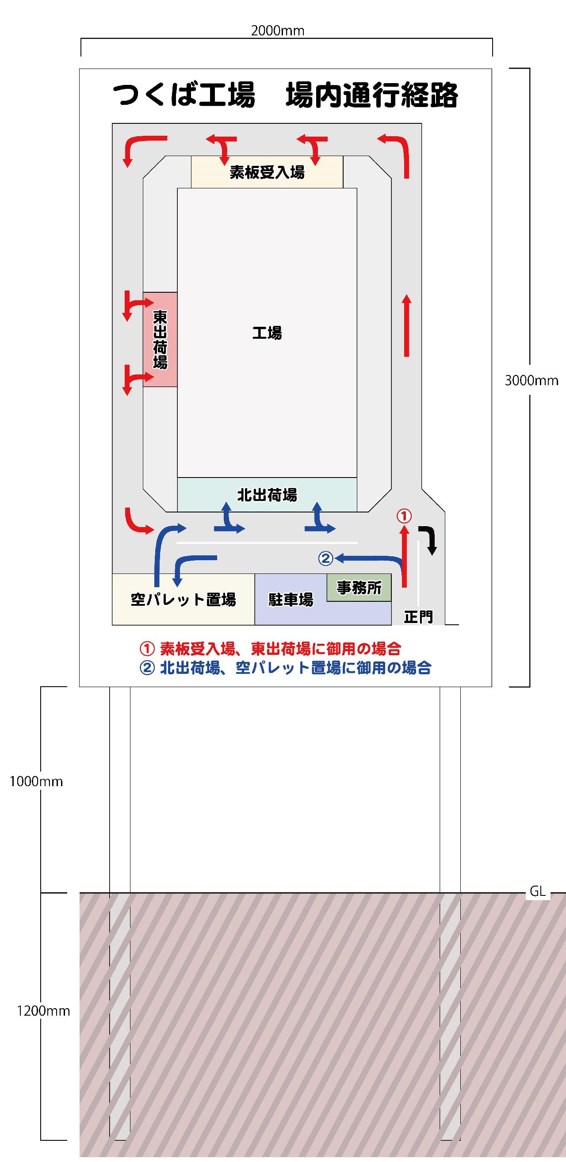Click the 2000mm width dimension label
[x=277, y=31]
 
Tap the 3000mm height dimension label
[x=531, y=380]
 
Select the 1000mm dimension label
[x=36, y=781]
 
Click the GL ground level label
[x=538, y=891]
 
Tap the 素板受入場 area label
[x=267, y=172]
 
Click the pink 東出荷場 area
[x=160, y=339]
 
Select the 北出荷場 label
[x=267, y=495]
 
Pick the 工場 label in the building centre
[x=267, y=333]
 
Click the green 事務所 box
[x=359, y=587]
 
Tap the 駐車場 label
[x=291, y=600]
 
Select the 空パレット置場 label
[x=183, y=600]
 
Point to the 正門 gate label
[x=418, y=617]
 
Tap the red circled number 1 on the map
[x=404, y=516]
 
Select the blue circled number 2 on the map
[x=325, y=559]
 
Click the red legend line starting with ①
[x=270, y=649]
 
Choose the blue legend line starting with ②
[x=286, y=668]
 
